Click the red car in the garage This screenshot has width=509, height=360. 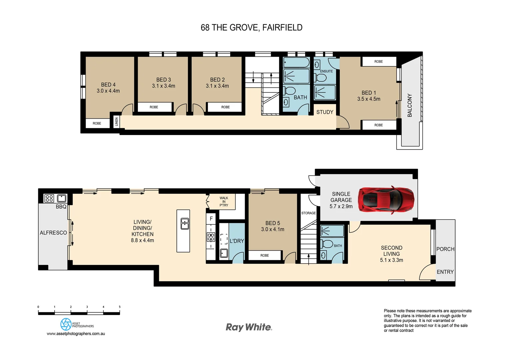(386, 200)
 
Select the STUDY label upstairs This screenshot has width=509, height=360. (324, 112)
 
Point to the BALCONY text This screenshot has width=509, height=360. (410, 105)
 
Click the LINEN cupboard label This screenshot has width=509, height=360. (117, 122)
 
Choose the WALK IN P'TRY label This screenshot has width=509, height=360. (224, 202)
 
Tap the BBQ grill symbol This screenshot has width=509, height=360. (49, 198)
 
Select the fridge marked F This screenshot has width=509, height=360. (211, 219)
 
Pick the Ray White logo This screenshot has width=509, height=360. (249, 327)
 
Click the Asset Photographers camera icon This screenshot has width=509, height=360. (66, 324)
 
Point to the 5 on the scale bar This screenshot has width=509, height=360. (120, 307)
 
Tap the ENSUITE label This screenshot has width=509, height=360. (326, 71)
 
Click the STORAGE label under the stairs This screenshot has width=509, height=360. (308, 213)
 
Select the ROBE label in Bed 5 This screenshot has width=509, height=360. (264, 255)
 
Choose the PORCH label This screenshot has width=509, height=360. (445, 249)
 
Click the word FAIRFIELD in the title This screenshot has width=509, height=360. (282, 28)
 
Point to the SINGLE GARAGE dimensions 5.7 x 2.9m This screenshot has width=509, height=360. (341, 206)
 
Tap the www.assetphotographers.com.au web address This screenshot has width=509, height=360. (76, 334)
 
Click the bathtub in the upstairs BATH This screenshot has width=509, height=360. (296, 62)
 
